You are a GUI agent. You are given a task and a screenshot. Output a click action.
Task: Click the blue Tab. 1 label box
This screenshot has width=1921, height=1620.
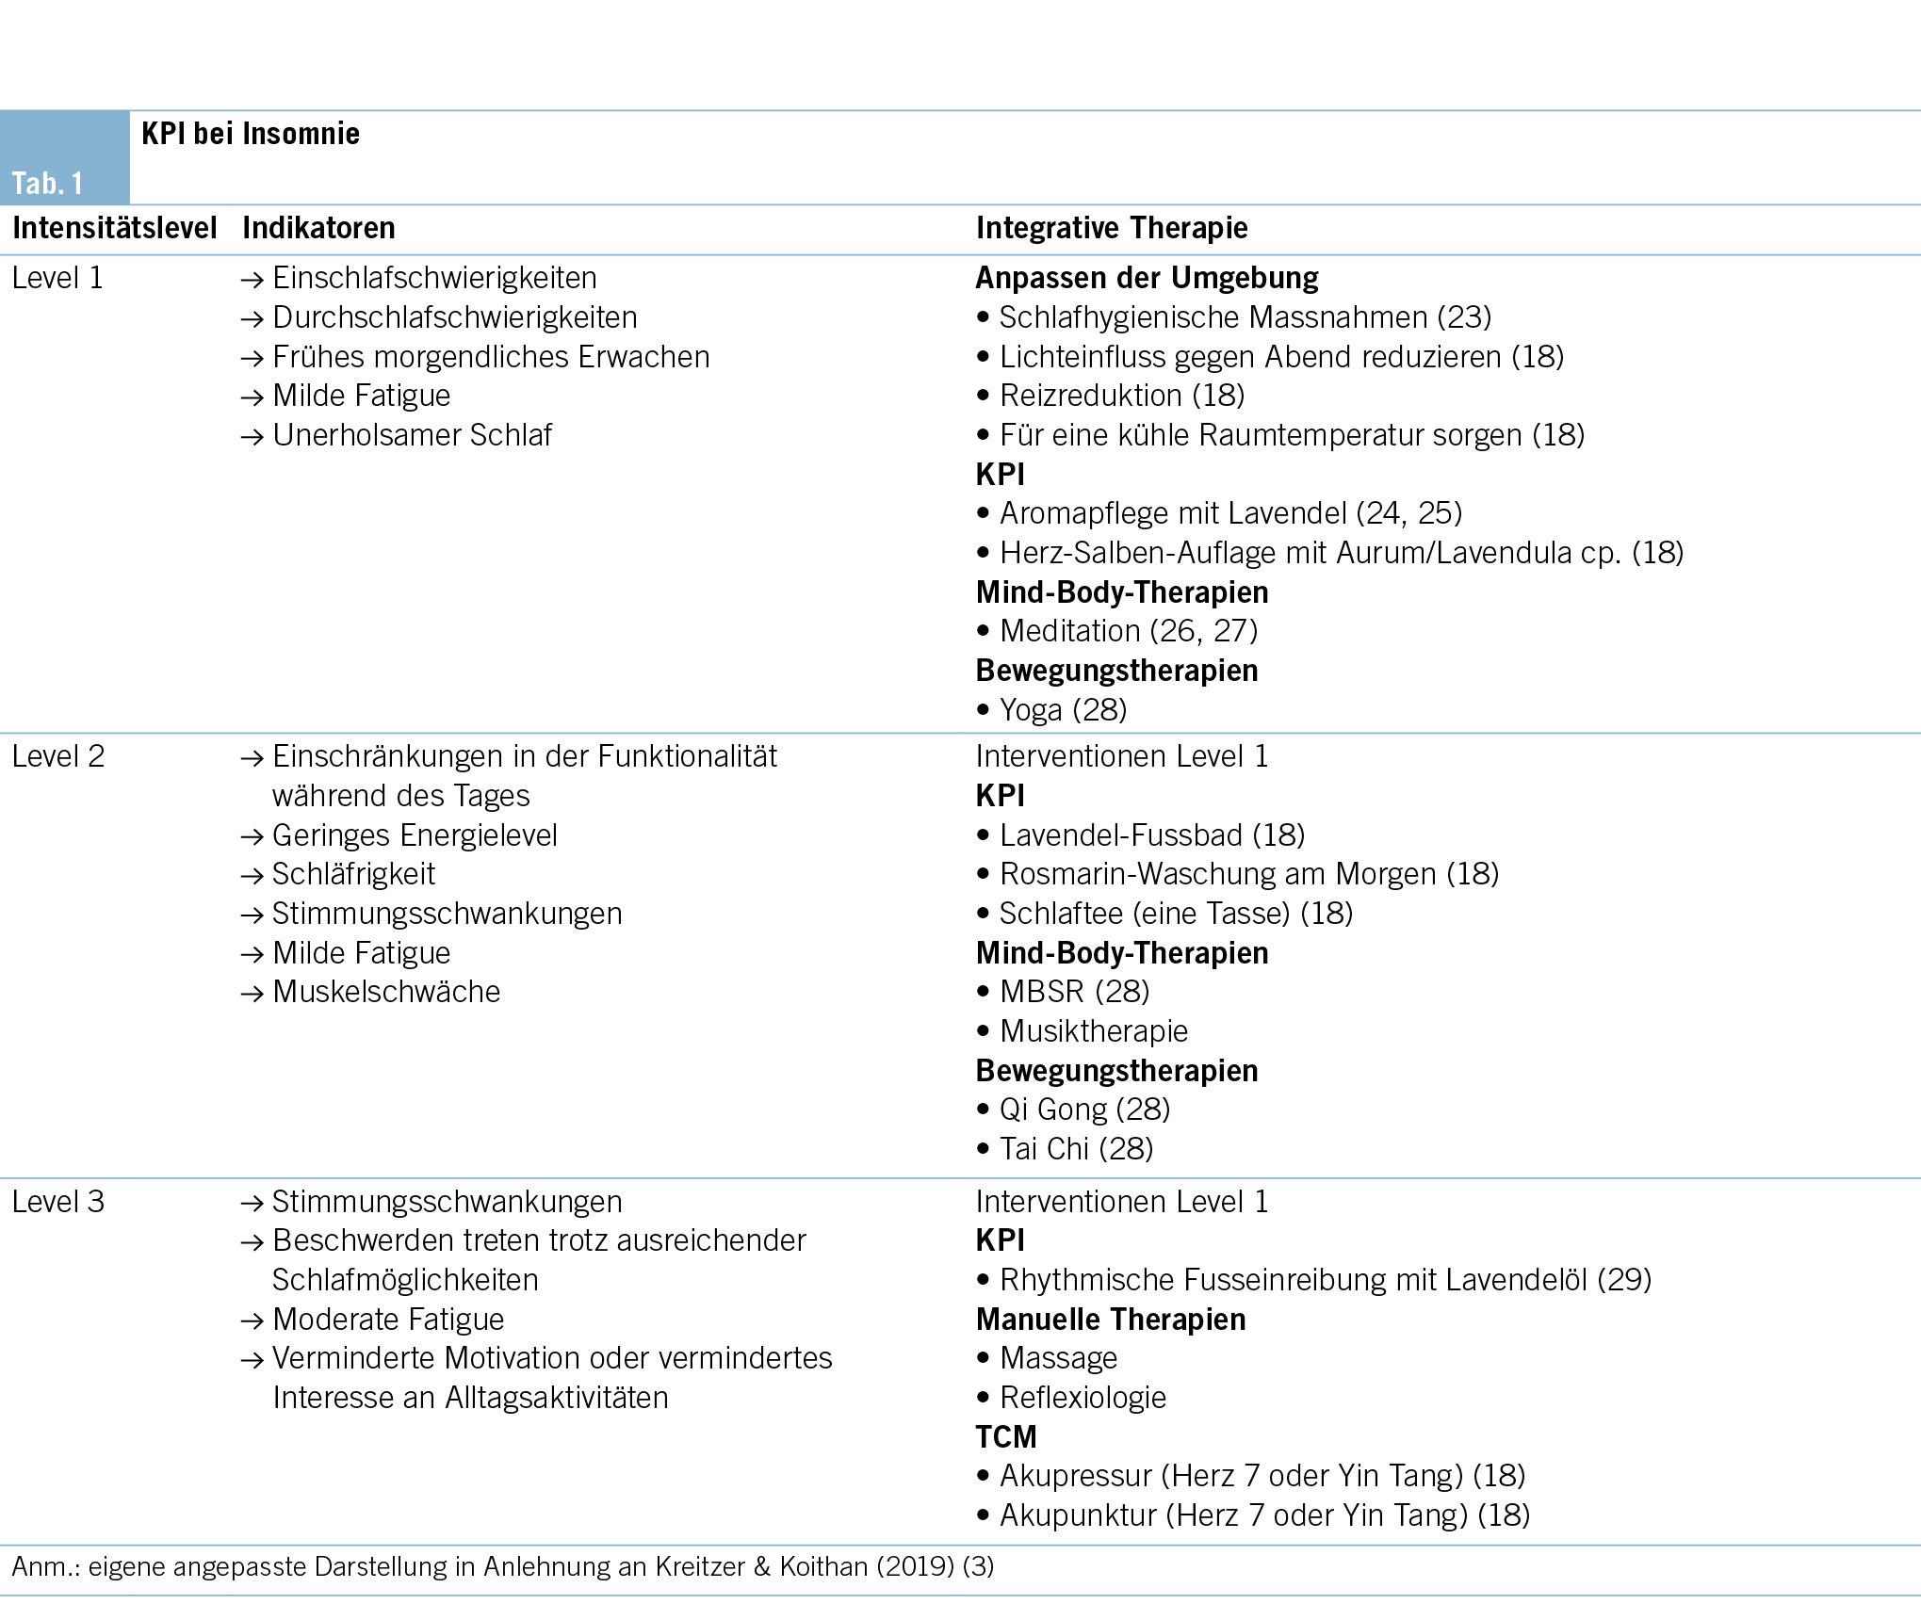point(64,158)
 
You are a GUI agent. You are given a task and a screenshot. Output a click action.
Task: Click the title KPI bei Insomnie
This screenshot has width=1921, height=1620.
point(251,134)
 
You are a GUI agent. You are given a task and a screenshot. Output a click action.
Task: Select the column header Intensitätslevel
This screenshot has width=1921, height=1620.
point(114,228)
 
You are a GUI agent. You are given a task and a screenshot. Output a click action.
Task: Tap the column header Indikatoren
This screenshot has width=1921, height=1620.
point(318,228)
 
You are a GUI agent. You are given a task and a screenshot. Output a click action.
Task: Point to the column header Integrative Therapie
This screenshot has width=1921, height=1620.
point(1112,228)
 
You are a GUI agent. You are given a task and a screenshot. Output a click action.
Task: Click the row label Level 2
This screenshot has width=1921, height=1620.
point(58,756)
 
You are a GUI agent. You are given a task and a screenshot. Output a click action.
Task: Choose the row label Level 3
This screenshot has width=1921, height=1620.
point(58,1202)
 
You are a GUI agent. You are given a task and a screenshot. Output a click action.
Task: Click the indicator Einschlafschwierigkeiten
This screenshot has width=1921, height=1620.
point(434,278)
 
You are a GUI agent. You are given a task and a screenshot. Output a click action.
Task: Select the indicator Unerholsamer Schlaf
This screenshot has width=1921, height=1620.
point(412,435)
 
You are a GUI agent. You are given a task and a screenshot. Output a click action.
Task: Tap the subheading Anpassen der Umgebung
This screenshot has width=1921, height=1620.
point(1147,278)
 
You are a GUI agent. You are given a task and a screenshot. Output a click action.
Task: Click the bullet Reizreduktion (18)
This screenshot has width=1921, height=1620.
point(1121,396)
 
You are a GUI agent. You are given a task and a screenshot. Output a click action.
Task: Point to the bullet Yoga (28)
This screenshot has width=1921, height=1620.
point(1063,710)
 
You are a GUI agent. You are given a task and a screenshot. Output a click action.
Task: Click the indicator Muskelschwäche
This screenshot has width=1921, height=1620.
point(386,992)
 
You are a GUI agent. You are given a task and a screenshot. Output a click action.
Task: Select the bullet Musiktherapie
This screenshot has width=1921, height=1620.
point(1093,1031)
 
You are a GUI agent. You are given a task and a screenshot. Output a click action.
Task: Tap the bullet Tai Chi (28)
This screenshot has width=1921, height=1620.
point(1076,1149)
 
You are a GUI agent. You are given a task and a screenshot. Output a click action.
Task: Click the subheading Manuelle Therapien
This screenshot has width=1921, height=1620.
point(1111,1320)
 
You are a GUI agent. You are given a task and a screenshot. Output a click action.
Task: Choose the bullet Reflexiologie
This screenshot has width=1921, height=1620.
point(1083,1398)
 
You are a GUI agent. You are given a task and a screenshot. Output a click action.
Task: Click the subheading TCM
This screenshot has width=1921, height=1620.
point(1006,1437)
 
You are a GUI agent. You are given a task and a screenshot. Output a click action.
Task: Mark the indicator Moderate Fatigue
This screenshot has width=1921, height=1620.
point(388,1320)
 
